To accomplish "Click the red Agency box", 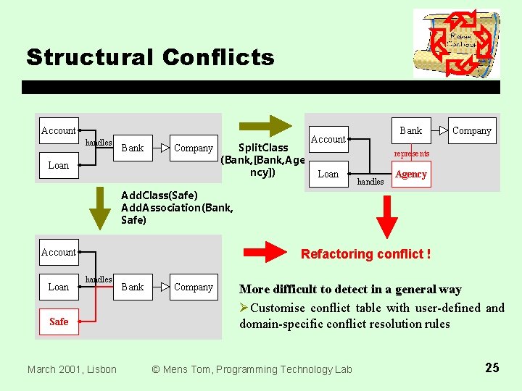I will [411, 175].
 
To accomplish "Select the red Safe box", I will [59, 321].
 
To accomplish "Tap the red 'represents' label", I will [411, 154].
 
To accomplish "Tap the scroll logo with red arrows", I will [456, 43].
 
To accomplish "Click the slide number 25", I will [492, 368].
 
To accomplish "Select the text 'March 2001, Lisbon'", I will [72, 369].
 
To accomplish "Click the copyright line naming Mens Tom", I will [252, 369].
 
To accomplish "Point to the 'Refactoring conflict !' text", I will [365, 254].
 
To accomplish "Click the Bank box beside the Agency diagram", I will [410, 130].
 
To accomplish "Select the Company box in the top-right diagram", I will [471, 130].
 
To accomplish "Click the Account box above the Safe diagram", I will [59, 252].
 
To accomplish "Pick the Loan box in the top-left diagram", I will [59, 165].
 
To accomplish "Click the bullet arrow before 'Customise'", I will [244, 308].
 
